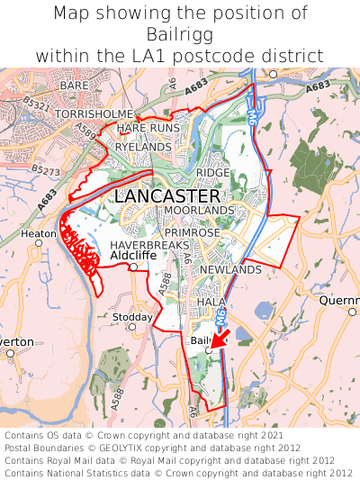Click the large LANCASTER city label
click(x=166, y=195)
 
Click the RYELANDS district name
click(x=143, y=146)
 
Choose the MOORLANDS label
click(x=198, y=210)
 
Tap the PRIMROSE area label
click(x=193, y=231)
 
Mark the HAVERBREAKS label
click(x=149, y=245)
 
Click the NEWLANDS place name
click(x=229, y=269)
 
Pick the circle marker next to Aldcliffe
click(x=133, y=267)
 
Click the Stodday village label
click(x=133, y=317)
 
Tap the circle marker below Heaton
click(x=38, y=243)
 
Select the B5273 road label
click(x=45, y=168)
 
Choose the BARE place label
click(x=74, y=86)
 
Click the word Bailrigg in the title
click(x=180, y=34)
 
